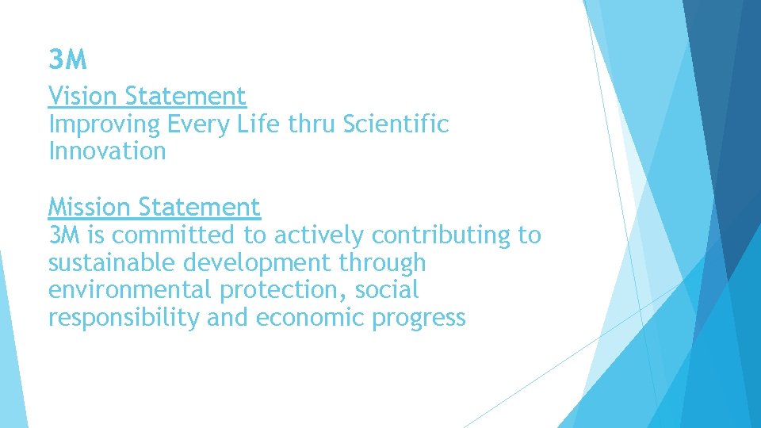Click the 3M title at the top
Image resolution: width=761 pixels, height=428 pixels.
click(67, 59)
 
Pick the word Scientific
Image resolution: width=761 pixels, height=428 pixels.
click(396, 124)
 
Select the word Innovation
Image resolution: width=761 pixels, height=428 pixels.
click(107, 151)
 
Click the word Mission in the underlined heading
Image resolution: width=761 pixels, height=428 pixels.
click(90, 208)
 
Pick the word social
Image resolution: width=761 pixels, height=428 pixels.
click(386, 291)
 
